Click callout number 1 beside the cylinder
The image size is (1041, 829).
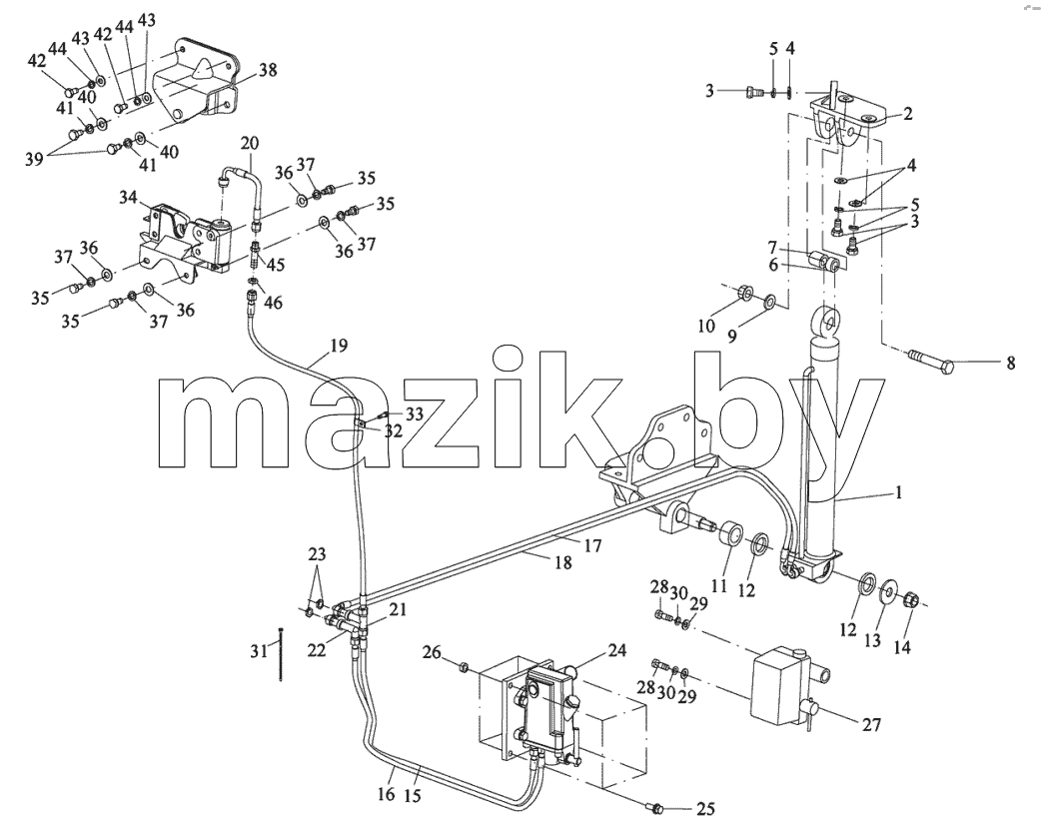coord(898,493)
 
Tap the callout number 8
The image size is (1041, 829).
coord(1010,363)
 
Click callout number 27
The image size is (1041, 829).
coord(872,724)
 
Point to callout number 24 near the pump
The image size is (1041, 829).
coord(617,650)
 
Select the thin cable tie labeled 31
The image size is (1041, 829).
coord(283,654)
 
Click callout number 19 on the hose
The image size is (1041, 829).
coord(338,346)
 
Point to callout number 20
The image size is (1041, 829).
coord(250,144)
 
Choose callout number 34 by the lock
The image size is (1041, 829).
coord(129,197)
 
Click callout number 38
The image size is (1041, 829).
coord(268,70)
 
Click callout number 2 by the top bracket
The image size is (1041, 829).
coord(907,114)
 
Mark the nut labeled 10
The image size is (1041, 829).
coord(743,292)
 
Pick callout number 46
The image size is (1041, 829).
coord(273,303)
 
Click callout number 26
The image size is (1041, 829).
coord(433,653)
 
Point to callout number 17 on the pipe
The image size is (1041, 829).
coord(592,545)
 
